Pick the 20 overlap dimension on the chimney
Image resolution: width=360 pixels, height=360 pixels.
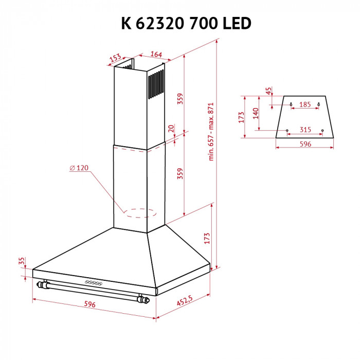coord(171,128)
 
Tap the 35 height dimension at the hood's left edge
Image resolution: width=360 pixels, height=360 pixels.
coord(22,262)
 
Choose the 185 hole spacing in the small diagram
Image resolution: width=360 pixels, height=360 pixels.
coord(305,105)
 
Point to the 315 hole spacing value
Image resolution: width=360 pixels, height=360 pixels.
coord(305,130)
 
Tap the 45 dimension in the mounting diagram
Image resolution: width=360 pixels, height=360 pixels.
coord(268,91)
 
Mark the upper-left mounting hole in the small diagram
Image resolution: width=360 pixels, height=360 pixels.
coord(291,104)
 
